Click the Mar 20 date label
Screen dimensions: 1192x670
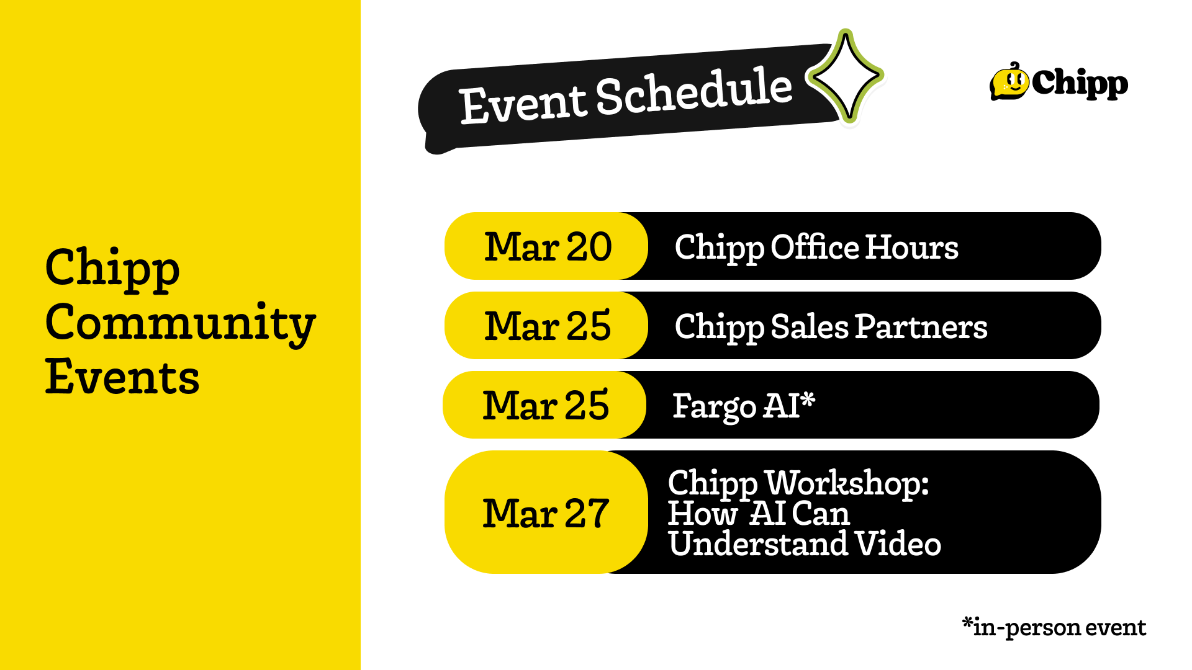coord(548,246)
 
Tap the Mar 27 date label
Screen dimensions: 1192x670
coord(546,513)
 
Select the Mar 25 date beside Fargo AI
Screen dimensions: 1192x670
coord(546,405)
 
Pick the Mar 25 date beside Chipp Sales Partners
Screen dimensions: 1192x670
coord(548,326)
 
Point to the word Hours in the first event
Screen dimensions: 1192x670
coord(912,247)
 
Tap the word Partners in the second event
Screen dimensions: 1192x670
coord(921,326)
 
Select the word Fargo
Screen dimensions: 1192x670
coord(715,407)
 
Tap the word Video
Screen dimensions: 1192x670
coord(898,543)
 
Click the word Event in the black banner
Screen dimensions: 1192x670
coord(523,103)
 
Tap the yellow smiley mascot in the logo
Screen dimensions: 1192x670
coord(1009,82)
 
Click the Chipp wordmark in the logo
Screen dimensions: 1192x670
coord(1080,83)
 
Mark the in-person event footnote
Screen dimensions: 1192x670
coord(1054,627)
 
